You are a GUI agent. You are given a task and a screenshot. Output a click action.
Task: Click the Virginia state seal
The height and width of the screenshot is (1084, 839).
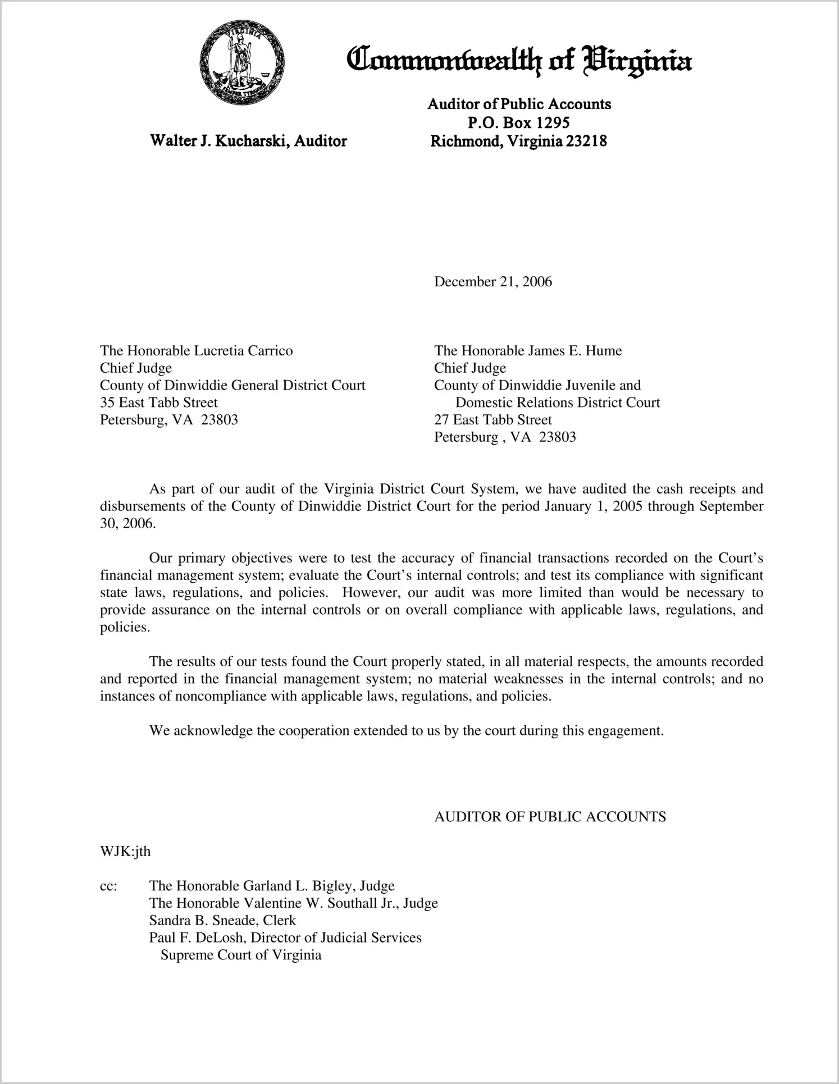[x=242, y=62]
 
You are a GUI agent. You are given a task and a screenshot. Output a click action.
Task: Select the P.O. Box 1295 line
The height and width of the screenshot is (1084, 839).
[x=518, y=122]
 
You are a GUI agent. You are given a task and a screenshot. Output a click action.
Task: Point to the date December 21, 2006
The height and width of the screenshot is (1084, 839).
[x=493, y=282]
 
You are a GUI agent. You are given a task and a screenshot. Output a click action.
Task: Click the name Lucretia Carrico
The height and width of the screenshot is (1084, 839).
[x=243, y=351]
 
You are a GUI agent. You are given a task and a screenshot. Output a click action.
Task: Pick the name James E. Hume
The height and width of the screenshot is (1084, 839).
[x=574, y=351]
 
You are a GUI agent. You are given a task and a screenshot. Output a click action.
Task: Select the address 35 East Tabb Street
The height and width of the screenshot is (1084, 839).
[x=158, y=403]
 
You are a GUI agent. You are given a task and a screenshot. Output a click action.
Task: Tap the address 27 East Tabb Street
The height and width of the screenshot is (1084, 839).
[x=493, y=420]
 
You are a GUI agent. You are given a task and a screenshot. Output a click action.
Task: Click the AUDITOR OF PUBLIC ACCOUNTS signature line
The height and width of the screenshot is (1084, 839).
[x=550, y=817]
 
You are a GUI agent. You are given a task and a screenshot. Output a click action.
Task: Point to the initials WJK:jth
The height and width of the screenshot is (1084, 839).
[x=125, y=852]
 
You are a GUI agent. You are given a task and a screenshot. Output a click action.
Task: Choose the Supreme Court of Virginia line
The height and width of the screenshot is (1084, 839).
[x=241, y=955]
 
